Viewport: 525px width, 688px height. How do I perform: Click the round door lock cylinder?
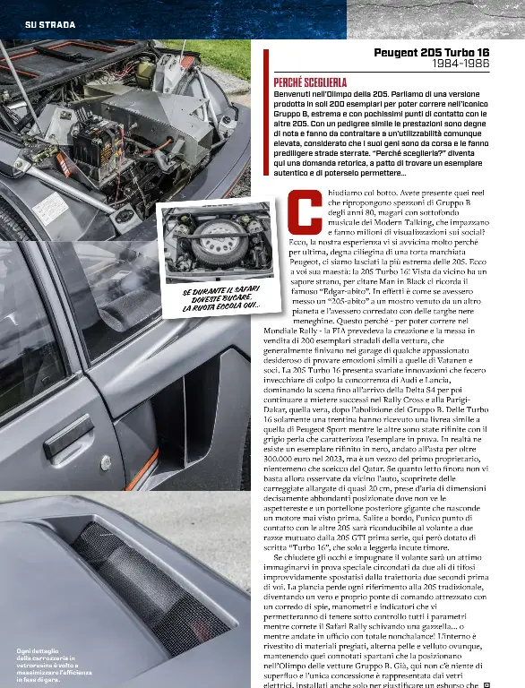(x=106, y=463)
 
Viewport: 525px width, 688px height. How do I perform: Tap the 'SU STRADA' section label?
(x=49, y=23)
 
